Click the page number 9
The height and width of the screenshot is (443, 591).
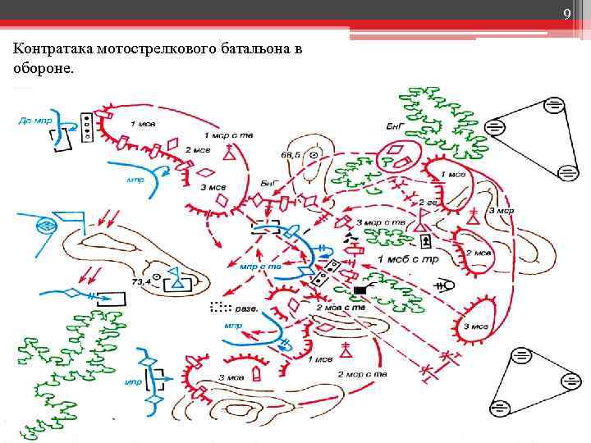[566, 13]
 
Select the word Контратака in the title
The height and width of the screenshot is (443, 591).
[52, 50]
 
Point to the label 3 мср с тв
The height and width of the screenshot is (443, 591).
[381, 222]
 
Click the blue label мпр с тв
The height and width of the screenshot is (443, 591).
[259, 267]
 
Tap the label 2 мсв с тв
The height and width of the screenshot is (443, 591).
[341, 307]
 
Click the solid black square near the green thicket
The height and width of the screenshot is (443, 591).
[360, 290]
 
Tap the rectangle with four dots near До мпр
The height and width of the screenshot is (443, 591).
[86, 122]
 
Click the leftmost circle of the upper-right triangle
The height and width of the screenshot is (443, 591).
[495, 128]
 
